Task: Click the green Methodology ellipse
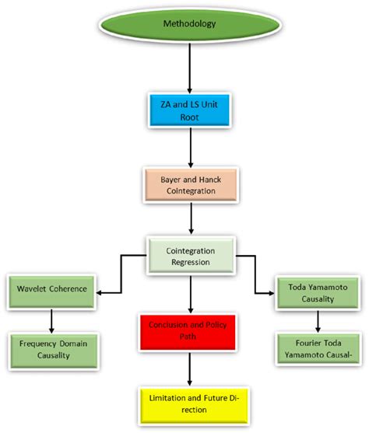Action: coord(188,24)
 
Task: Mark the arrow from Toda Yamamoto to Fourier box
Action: coord(318,319)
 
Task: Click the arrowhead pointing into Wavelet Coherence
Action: coord(103,293)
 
